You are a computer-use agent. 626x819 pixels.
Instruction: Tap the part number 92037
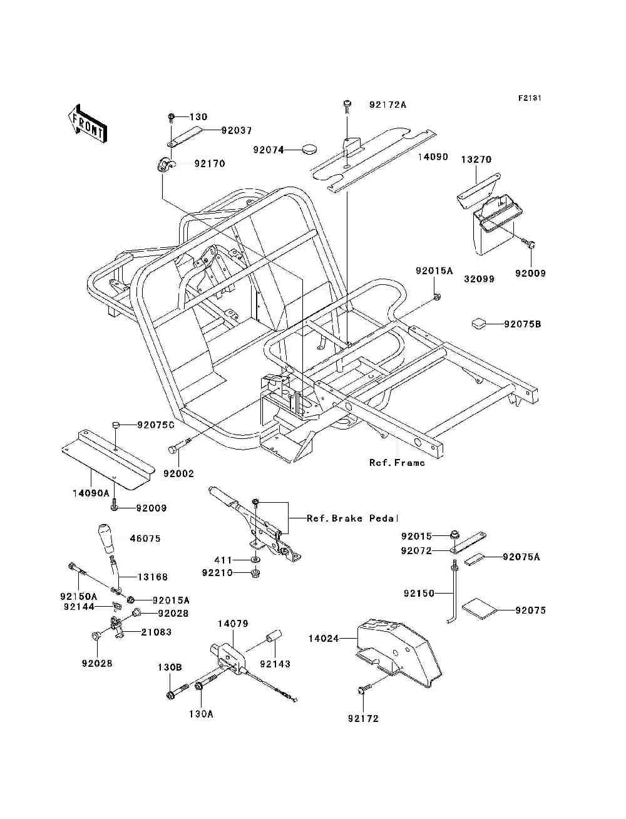point(236,131)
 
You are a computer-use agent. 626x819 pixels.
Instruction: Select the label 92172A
point(387,105)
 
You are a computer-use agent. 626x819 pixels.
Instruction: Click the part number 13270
point(476,160)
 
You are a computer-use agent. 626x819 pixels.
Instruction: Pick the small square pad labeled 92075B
point(478,323)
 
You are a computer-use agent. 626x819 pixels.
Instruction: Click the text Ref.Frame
point(397,463)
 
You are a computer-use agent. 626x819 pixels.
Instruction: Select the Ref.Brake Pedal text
point(352,518)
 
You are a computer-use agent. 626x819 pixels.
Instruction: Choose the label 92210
point(217,573)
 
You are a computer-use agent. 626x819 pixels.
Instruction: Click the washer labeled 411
point(255,559)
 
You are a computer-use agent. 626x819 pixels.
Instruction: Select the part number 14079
point(233,624)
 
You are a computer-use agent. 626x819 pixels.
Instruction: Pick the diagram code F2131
point(529,98)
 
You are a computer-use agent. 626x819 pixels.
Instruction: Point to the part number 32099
point(479,279)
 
